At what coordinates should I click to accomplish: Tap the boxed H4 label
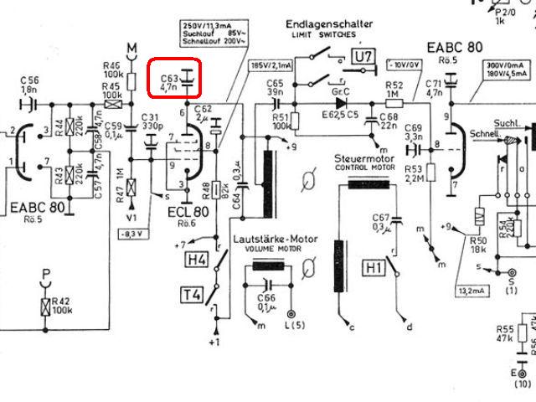click(196, 260)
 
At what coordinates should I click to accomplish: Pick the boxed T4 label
click(190, 294)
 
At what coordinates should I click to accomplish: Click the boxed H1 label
click(373, 268)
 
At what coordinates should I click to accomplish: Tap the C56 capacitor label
click(30, 83)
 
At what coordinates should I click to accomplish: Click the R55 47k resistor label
click(504, 333)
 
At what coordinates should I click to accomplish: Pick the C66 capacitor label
click(266, 301)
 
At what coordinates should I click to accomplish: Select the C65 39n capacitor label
click(275, 87)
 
